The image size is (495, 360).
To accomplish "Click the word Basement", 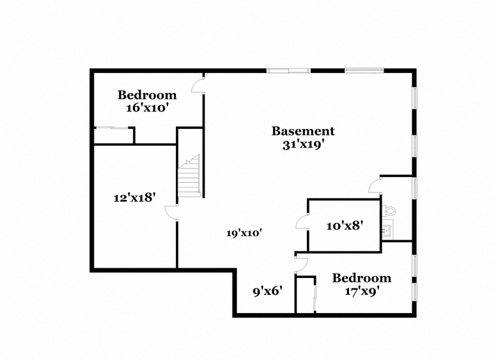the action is click(303, 131).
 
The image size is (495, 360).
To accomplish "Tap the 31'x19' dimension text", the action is click(304, 145).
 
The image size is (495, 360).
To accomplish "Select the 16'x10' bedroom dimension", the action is click(146, 108).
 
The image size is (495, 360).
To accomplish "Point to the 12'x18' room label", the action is click(134, 198).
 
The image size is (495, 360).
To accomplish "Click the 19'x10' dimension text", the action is click(244, 233).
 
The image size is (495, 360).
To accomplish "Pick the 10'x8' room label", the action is click(345, 226).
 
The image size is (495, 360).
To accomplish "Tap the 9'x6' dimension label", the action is click(268, 291).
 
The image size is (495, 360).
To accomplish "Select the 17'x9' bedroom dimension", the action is click(361, 291).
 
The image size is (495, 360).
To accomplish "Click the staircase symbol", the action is click(190, 176).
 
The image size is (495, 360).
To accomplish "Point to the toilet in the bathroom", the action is click(389, 210).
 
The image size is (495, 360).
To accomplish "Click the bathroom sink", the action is click(387, 232).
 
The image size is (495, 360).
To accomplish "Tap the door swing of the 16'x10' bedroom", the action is click(197, 85).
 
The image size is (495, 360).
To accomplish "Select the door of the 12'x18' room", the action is click(171, 212).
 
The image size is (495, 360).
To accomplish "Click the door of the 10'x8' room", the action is click(302, 221).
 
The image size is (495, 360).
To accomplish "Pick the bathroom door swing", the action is click(375, 185).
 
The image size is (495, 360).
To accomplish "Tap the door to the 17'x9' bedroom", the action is click(302, 265).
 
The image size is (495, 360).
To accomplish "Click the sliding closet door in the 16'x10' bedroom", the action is click(112, 128).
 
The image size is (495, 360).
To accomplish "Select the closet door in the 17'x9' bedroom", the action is click(315, 297).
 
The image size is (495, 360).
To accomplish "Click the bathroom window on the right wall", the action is click(415, 188).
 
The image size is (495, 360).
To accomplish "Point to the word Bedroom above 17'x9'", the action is click(361, 278).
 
